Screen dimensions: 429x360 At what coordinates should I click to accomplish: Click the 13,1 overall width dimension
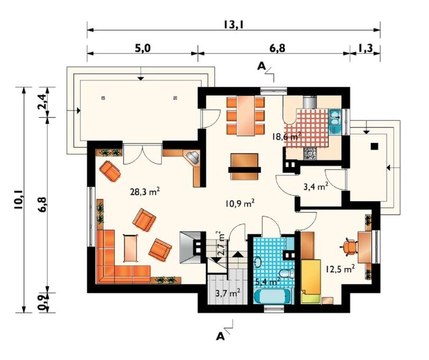pos(233,25)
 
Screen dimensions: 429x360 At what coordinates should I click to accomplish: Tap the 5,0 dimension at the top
pos(142,48)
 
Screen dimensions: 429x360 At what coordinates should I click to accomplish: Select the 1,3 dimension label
pos(365,48)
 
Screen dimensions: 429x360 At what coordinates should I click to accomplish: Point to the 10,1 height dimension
pos(18,200)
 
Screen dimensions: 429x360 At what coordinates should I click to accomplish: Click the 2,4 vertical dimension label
pos(43,102)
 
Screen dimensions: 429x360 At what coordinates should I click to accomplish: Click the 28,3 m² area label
pos(145,191)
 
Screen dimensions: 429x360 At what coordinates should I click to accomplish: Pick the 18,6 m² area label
pos(287,136)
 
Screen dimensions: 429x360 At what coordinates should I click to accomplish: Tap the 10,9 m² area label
pos(240,203)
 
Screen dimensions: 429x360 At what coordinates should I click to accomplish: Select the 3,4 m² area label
pos(316,186)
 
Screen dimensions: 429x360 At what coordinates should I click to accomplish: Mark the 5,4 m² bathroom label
pos(267,281)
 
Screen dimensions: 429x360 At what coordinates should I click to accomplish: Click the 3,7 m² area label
pos(228,294)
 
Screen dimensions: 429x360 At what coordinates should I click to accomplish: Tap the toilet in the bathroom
pos(287,273)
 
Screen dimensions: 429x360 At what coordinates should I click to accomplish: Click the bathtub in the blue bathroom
pos(271,297)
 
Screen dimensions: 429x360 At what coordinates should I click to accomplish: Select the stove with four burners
pos(309,153)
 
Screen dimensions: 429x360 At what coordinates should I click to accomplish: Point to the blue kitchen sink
pos(334,120)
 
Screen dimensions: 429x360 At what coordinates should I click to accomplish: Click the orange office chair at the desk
pos(349,247)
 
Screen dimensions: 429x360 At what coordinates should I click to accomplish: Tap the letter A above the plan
pos(262,66)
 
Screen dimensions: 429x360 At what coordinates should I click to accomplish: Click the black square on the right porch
pos(374,147)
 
